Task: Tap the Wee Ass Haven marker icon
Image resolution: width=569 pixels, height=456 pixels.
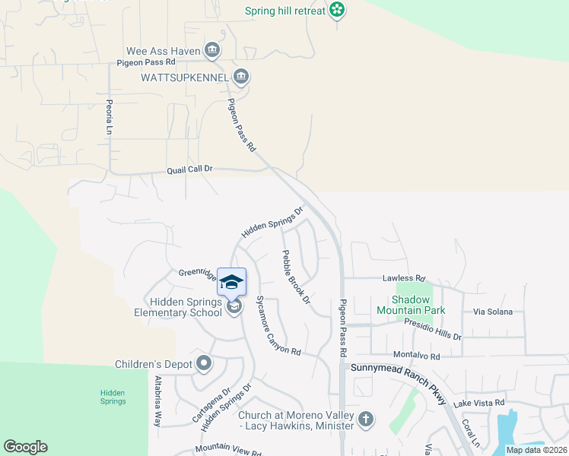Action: (x=213, y=51)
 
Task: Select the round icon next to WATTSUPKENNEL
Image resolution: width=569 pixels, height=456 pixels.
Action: (x=241, y=77)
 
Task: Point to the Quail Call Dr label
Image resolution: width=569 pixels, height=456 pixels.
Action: (x=189, y=171)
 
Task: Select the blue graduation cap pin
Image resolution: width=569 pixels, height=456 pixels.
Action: (x=232, y=282)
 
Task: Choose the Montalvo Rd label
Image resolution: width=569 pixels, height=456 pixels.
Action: (x=416, y=356)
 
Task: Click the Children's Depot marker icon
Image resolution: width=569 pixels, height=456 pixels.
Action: (x=203, y=363)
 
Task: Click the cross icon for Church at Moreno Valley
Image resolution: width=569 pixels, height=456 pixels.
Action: (x=366, y=419)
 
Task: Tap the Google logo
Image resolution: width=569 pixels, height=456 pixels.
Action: (x=25, y=447)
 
